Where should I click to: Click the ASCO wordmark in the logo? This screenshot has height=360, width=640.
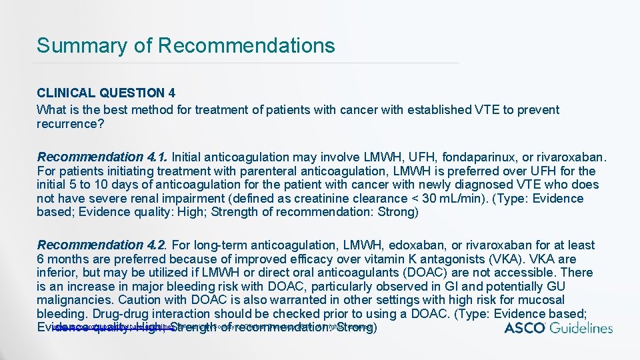(x=525, y=327)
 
